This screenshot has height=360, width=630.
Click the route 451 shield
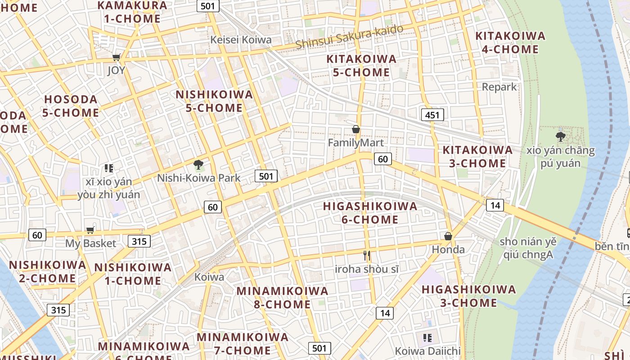coord(432,115)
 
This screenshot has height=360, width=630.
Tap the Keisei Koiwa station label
coord(241,40)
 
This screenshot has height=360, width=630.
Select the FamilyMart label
coord(355,143)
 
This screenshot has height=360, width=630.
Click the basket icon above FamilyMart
coord(356,130)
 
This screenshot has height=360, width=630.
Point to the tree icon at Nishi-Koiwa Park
coord(198,165)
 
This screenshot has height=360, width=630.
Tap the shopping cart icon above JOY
coord(116,57)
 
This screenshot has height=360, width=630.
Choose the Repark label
coord(499,87)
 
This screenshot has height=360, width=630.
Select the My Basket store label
coord(90,243)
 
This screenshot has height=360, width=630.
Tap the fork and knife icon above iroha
coord(367,256)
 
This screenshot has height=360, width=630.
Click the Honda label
coord(448,249)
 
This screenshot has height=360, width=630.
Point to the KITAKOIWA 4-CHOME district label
coord(510,42)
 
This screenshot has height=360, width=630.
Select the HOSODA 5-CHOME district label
coord(71,106)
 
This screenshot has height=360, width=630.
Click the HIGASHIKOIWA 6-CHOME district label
coord(370,213)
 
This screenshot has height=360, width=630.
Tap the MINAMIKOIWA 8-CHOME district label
coord(282,297)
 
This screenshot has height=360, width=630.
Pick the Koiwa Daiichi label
coord(427,351)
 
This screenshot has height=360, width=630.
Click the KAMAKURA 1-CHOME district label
coord(132,12)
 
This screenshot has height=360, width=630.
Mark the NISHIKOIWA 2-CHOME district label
coord(47,271)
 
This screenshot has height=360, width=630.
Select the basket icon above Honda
coord(448,236)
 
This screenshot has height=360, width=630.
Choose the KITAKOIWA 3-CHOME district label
coord(477,156)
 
